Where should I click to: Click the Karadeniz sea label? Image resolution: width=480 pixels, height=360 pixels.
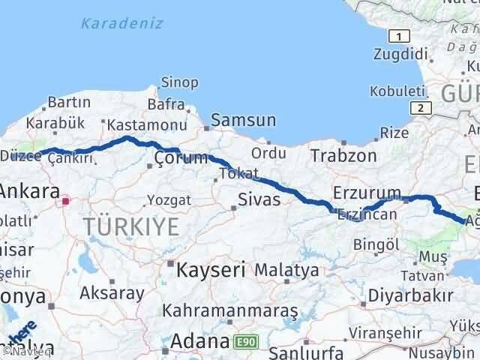[121, 23]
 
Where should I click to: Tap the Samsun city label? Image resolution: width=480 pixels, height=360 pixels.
[244, 120]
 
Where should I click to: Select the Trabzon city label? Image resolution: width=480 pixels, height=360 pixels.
[345, 156]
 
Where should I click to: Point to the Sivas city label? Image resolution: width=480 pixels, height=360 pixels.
[259, 199]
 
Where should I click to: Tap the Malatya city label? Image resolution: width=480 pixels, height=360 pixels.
[287, 269]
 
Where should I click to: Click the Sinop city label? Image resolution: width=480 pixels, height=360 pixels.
[180, 82]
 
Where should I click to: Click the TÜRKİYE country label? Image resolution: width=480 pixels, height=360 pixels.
[131, 225]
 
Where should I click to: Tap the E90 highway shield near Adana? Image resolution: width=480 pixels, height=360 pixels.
[243, 340]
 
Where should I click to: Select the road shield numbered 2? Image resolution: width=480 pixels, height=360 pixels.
[423, 108]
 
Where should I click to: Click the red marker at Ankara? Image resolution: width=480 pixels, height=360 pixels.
[67, 200]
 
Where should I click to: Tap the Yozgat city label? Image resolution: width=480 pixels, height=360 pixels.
[169, 200]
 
